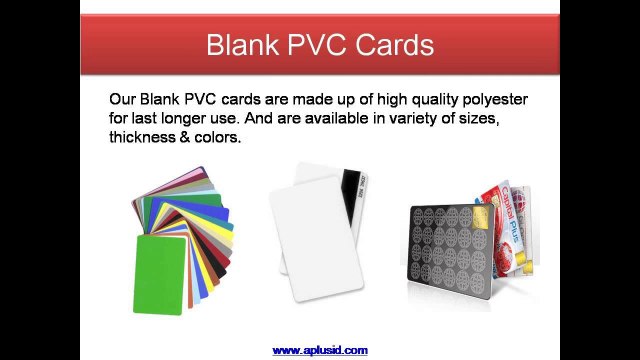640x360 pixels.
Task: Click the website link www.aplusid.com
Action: point(320,350)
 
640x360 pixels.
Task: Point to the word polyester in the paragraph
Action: point(492,101)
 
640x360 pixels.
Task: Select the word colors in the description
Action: point(221,137)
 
